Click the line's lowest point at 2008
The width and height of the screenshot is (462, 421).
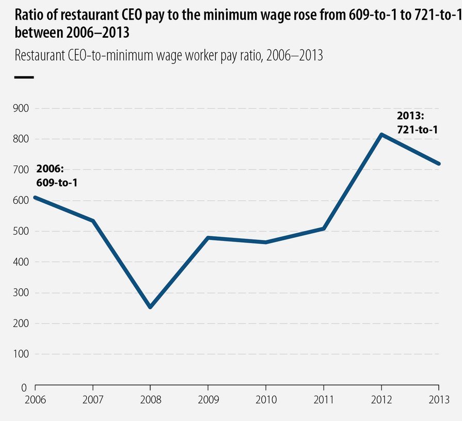pyautogui.click(x=150, y=307)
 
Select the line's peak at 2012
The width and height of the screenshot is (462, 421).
pyautogui.click(x=381, y=135)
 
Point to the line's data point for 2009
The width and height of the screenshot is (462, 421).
pyautogui.click(x=208, y=238)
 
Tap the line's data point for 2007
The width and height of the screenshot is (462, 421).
pyautogui.click(x=93, y=221)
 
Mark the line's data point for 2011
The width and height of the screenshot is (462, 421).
pyautogui.click(x=324, y=228)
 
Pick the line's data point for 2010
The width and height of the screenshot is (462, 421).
pyautogui.click(x=266, y=242)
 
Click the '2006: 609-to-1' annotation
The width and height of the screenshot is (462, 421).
pyautogui.click(x=57, y=175)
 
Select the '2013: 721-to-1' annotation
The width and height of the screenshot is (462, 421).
pyautogui.click(x=417, y=123)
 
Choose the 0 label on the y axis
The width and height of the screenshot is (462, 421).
pyautogui.click(x=23, y=387)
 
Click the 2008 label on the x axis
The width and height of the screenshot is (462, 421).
pyautogui.click(x=150, y=399)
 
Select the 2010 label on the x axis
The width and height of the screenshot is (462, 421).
pyautogui.click(x=266, y=399)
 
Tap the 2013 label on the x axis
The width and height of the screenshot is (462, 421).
pyautogui.click(x=438, y=399)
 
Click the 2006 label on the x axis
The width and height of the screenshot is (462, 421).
pyautogui.click(x=35, y=399)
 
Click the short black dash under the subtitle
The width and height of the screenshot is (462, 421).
pyautogui.click(x=24, y=77)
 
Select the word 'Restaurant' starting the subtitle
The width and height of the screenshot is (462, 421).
pyautogui.click(x=40, y=56)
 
